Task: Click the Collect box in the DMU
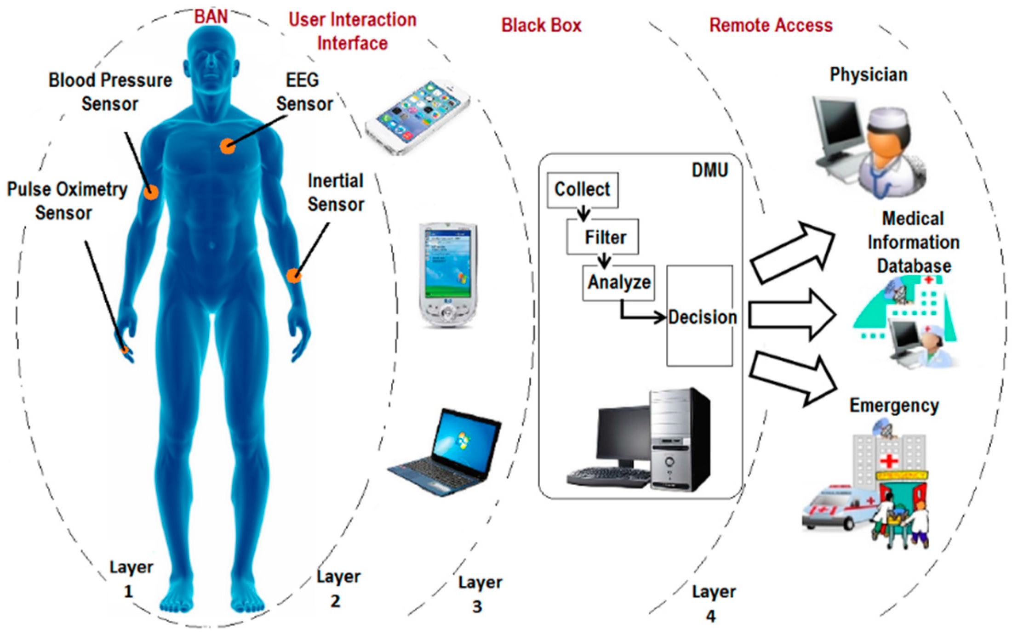click(582, 190)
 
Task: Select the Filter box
click(602, 237)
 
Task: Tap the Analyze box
click(618, 283)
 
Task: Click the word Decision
click(702, 317)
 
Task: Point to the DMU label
click(709, 170)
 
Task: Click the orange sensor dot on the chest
click(227, 147)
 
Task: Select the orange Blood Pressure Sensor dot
click(150, 192)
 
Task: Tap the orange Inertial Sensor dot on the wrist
click(294, 276)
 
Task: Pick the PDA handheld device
click(447, 274)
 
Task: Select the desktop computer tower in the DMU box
click(680, 439)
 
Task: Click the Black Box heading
click(541, 25)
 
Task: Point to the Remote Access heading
click(771, 25)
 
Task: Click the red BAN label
click(211, 17)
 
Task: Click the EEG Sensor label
click(303, 92)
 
